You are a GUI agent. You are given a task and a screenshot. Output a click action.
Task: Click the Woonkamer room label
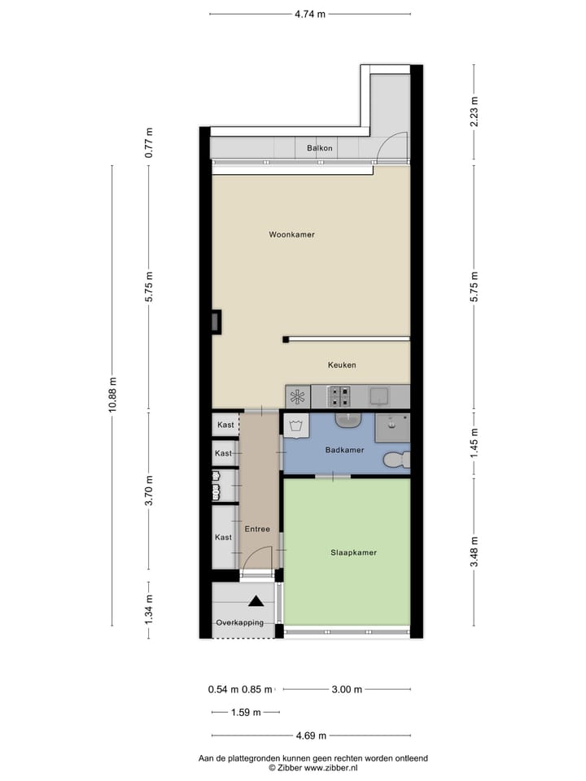click(291, 234)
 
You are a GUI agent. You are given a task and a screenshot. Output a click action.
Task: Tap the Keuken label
click(342, 365)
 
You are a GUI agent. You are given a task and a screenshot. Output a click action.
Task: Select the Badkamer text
click(344, 450)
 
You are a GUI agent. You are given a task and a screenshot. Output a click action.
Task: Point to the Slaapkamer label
click(353, 552)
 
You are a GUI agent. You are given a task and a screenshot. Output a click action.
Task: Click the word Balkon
click(320, 148)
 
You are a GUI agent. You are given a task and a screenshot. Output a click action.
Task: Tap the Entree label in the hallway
click(257, 529)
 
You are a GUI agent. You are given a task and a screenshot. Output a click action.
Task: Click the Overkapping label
click(239, 622)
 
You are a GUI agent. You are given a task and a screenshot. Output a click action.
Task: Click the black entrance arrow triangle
click(256, 602)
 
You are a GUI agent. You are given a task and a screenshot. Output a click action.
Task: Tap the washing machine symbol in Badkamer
click(297, 425)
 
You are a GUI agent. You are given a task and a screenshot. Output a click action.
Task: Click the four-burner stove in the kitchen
click(339, 396)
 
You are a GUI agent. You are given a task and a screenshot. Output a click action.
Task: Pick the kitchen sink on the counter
click(379, 396)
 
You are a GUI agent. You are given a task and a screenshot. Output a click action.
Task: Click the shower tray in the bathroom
click(393, 425)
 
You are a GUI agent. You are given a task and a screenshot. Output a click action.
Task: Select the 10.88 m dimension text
click(112, 395)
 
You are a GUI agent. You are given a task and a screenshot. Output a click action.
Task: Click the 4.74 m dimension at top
click(309, 14)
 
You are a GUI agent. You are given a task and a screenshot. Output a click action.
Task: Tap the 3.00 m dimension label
click(346, 690)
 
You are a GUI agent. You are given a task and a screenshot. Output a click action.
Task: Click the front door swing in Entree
click(256, 560)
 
